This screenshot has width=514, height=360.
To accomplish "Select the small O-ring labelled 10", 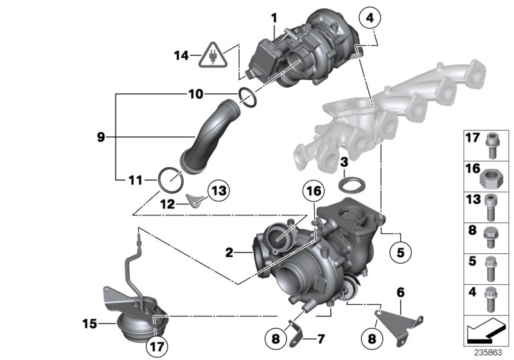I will tap(247, 95).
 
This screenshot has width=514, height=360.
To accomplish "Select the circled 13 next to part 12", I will tap(217, 190).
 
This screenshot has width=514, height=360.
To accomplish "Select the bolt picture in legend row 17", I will tap(492, 143).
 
